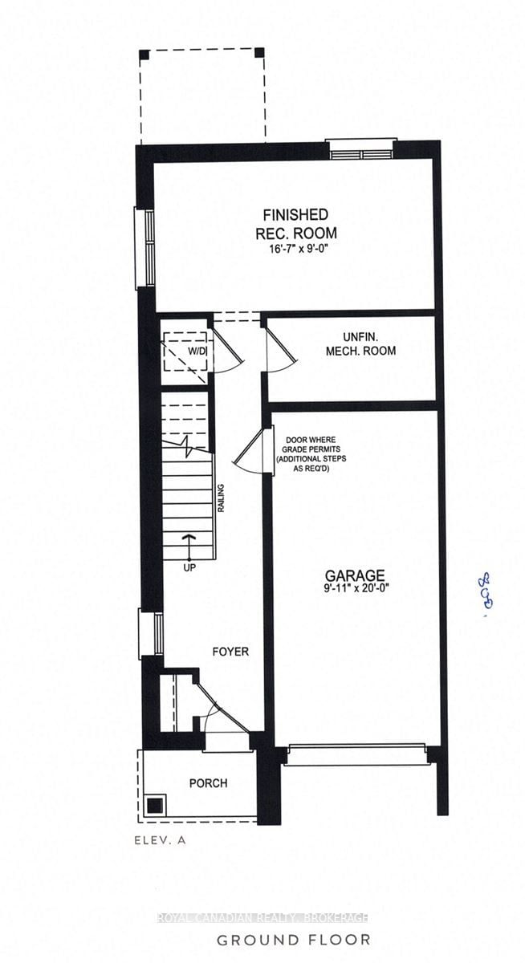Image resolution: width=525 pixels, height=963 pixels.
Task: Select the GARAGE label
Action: (355, 575)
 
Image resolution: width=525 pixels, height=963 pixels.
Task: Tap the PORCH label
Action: (208, 783)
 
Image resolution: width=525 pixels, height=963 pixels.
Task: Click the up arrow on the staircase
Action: (189, 546)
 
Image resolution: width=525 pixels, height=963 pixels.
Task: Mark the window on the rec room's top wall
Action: (360, 150)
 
